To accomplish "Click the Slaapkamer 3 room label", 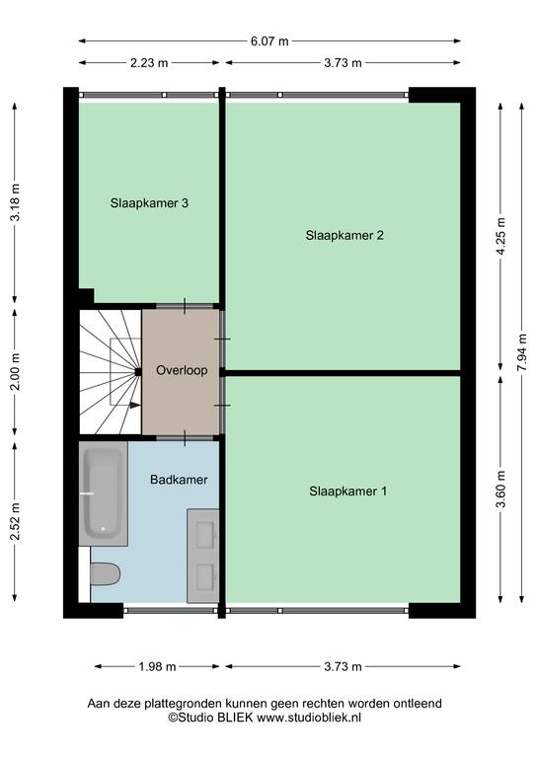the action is click(x=149, y=203).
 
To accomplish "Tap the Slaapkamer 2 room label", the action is click(x=345, y=236).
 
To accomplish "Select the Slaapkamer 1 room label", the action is click(x=348, y=492).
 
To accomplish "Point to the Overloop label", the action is click(x=182, y=370).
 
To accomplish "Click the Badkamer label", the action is click(x=179, y=480).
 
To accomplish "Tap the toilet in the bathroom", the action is click(x=105, y=573).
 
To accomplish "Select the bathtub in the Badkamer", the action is click(x=103, y=493).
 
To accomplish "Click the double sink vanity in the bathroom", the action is click(x=203, y=556).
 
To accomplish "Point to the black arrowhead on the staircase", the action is click(x=135, y=405).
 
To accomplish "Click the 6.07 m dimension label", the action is click(x=269, y=41).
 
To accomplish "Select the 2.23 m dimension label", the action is click(x=149, y=63).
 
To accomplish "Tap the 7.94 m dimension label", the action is click(x=522, y=353).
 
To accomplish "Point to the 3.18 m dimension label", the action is click(x=15, y=202).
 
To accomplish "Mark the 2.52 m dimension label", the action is click(x=15, y=521).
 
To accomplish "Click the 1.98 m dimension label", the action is click(x=157, y=667).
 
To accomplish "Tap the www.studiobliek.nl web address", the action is click(x=309, y=718).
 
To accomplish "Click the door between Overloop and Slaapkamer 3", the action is click(x=185, y=306).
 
